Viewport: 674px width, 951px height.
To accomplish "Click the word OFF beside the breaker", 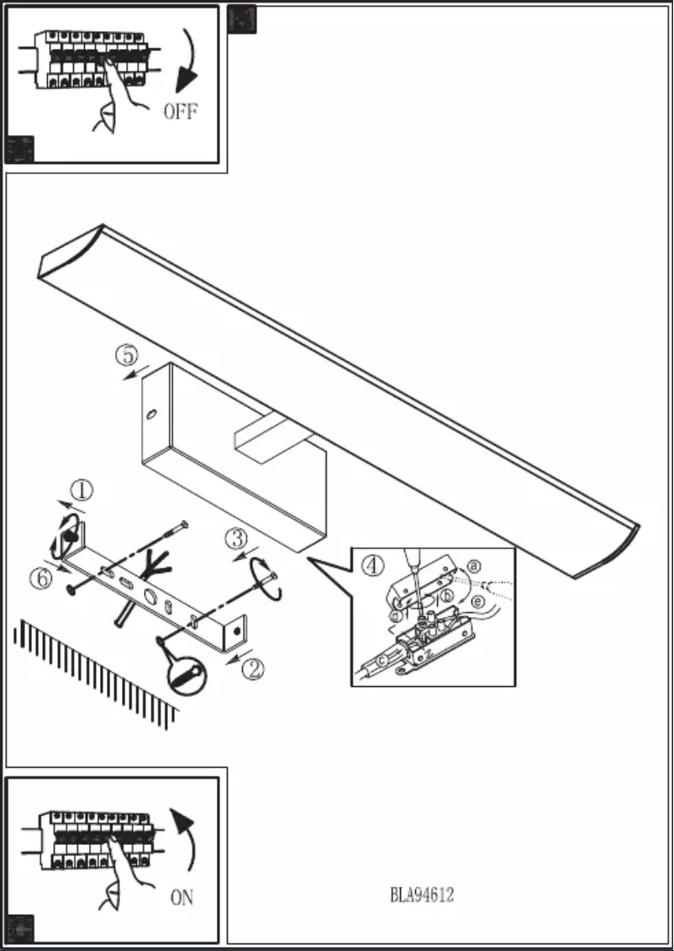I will tap(182, 112).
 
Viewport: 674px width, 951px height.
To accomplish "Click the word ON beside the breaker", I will tap(182, 899).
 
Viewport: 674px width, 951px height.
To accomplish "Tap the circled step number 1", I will tap(82, 489).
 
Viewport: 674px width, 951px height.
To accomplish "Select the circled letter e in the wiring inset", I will tap(477, 602).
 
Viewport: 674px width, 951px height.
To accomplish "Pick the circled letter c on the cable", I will tap(384, 661).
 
